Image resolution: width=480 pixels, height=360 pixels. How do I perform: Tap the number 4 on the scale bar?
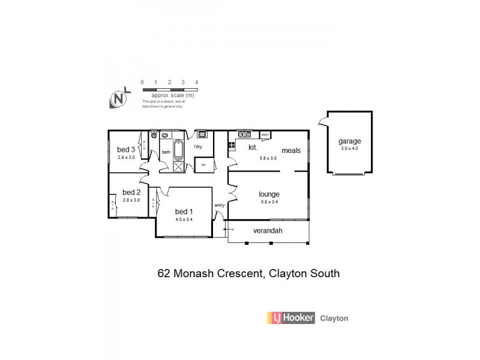(x=197, y=82)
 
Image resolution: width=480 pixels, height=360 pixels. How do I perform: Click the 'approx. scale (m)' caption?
(x=172, y=95)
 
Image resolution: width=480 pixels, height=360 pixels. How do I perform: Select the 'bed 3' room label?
(x=124, y=149)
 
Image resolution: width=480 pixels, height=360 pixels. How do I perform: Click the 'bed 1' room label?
(x=183, y=212)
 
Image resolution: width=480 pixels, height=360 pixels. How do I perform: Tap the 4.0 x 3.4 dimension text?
(x=183, y=220)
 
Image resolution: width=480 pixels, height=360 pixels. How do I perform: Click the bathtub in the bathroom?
(x=178, y=148)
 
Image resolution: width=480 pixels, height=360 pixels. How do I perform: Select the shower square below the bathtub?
(x=178, y=167)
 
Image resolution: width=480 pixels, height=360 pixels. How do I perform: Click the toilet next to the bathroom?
(x=154, y=136)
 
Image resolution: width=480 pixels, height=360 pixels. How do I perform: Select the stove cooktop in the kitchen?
(x=231, y=145)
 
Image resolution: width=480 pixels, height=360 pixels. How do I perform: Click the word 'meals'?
(x=290, y=151)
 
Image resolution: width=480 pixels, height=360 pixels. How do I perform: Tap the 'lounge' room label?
(x=269, y=194)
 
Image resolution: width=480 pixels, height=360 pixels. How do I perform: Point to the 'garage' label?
(x=349, y=141)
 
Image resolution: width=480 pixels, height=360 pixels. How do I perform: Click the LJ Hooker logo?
(x=292, y=318)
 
